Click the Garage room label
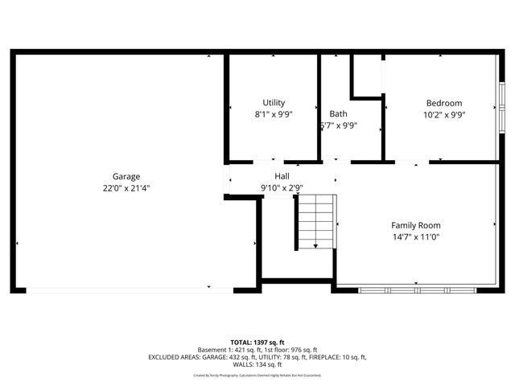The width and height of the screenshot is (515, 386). [x=126, y=177]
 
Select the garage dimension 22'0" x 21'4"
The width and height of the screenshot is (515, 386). [x=126, y=188]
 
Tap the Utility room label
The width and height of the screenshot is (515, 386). [x=274, y=103]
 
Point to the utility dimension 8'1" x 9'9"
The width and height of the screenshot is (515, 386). [x=274, y=114]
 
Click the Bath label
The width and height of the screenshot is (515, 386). [x=338, y=114]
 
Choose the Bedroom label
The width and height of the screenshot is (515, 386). [x=444, y=103]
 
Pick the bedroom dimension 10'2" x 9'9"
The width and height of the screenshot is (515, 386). [x=444, y=114]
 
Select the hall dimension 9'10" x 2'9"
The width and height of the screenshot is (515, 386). [x=282, y=188]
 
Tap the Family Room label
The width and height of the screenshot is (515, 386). [x=416, y=225]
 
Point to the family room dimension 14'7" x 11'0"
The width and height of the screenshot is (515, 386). [x=416, y=236]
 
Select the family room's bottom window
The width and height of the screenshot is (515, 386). [x=416, y=289]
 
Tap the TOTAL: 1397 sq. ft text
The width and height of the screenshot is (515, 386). [x=257, y=342]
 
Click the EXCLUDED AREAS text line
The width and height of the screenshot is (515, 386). [x=257, y=357]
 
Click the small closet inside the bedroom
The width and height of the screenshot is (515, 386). [x=366, y=76]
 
